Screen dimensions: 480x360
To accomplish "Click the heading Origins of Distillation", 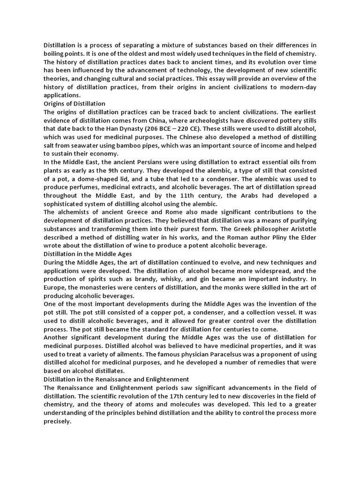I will (75, 103).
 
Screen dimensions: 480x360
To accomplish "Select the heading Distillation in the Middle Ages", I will (88, 254).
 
